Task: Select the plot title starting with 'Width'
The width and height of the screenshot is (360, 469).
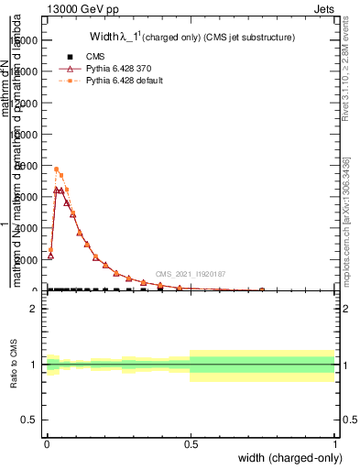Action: [x=191, y=38]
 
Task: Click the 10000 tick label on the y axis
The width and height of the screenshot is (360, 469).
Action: [x=26, y=135]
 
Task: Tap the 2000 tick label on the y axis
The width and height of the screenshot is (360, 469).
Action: [x=28, y=259]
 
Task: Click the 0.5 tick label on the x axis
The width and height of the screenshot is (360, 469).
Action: [x=191, y=444]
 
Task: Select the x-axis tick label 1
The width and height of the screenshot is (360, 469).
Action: [x=335, y=444]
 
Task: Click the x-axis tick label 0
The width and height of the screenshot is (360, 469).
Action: [x=47, y=444]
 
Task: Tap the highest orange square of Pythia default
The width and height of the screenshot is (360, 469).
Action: [x=56, y=169]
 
